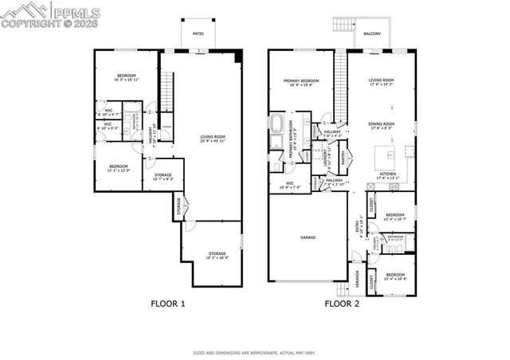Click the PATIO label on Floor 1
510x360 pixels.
(197, 33)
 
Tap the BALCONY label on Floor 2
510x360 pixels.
(371, 33)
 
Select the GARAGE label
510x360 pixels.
(308, 237)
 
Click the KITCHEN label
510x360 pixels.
(388, 174)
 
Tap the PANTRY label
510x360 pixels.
(343, 158)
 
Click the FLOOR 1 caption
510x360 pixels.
(168, 303)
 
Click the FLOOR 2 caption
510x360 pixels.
(341, 303)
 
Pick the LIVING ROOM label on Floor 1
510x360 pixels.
(213, 139)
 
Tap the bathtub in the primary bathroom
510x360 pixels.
(277, 123)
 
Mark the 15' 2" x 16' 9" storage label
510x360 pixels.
(217, 255)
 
